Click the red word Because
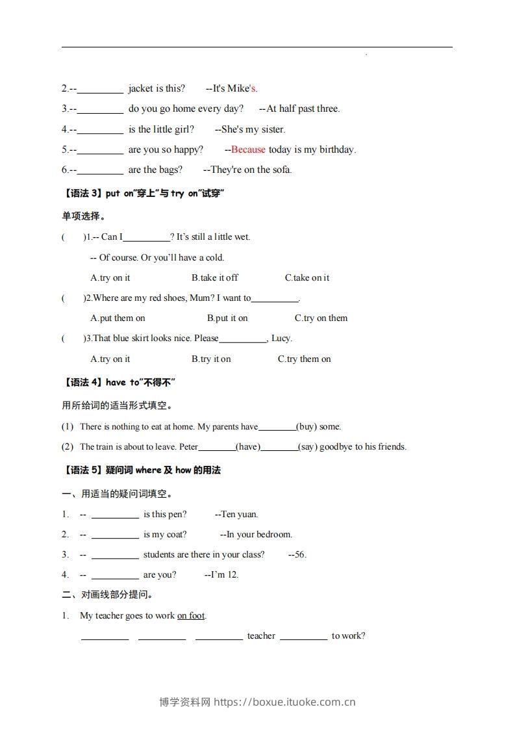pos(248,149)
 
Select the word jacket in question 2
pos(140,88)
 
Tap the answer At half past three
pos(303,109)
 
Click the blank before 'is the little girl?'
pos(100,129)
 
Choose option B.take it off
pos(215,277)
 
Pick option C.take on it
pos(307,277)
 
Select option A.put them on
pos(118,318)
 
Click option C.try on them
pos(321,318)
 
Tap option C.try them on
pos(304,359)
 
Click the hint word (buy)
pos(307,427)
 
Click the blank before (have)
pos(217,446)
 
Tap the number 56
pos(299,554)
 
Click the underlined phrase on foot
pos(191,615)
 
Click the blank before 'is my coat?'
pos(115,535)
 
